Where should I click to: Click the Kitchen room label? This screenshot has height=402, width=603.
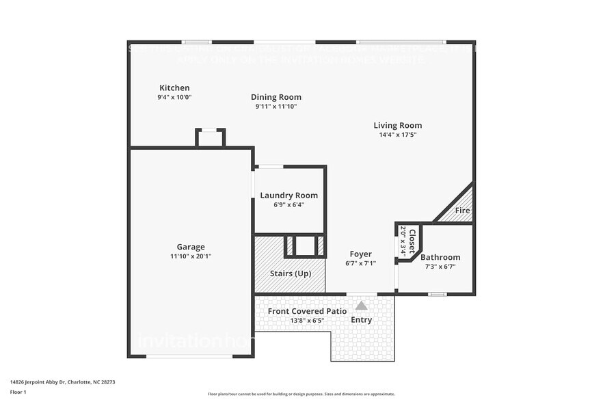pos(174,88)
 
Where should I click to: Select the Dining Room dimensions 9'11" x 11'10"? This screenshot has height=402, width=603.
pos(276,107)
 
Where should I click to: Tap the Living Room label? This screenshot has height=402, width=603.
pos(397,125)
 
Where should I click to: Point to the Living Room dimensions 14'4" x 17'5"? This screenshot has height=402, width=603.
pos(397,135)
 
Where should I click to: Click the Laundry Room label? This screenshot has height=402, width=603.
pos(289,196)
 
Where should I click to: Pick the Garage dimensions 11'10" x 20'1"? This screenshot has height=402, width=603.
pos(191,256)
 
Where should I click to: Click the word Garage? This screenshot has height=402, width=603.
pos(191,247)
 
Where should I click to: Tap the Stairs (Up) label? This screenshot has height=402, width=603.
pos(290,273)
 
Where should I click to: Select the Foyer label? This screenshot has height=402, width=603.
pos(360,254)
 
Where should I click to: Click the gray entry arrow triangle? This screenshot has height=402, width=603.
pos(361,306)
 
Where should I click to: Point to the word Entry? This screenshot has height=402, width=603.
pos(361,320)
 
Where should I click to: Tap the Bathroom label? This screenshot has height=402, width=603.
pos(440,257)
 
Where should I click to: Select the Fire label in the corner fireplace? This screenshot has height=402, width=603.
pos(462,211)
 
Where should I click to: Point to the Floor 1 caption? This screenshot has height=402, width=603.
pos(18,392)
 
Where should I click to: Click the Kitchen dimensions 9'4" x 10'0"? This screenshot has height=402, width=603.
pos(174,97)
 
